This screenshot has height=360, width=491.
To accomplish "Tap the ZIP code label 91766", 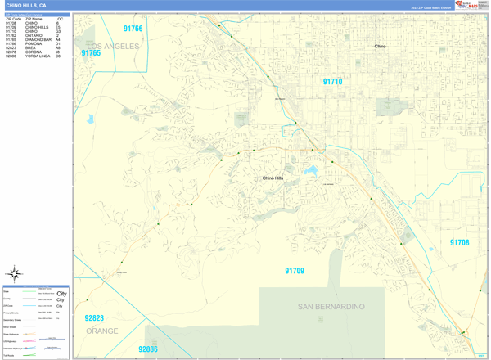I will pos(133,29).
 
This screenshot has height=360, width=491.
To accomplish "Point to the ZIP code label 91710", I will pos(332,82).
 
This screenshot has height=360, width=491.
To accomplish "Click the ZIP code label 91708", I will pos(459,242).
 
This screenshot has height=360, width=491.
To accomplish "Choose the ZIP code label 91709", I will pos(295,271).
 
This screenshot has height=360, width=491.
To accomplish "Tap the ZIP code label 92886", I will pos(147,349).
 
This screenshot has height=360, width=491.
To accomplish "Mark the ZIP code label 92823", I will pos(94,318).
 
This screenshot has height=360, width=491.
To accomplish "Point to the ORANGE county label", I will pos(101,331).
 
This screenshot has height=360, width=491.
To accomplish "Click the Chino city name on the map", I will pos(380,47).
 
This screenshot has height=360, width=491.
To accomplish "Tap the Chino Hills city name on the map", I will pos(273,178).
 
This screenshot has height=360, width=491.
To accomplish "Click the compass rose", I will pos(14,273).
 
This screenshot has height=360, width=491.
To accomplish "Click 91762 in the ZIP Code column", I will pos(11,36).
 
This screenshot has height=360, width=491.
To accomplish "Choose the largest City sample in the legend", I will pos(61,293).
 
